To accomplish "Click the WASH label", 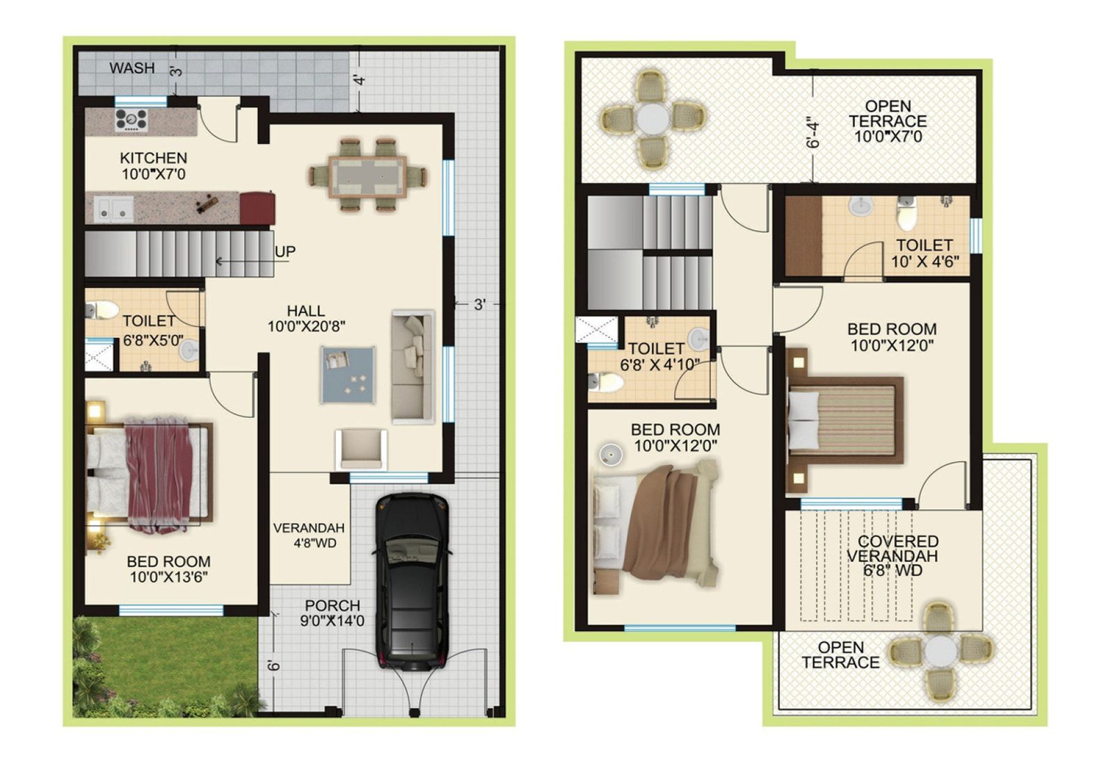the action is pos(132,68).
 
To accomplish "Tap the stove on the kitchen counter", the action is pos(131,120).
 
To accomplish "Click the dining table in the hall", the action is pos(367,176).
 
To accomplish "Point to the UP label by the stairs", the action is pos(285,252).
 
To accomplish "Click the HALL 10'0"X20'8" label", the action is pos(307,319).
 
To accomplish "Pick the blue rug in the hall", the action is pos(348,375).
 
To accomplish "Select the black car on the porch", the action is pos(413,581).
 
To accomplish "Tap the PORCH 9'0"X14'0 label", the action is pos(333,613).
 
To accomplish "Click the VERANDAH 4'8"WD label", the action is pos(309,535).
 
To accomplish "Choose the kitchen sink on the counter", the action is pos(114,209).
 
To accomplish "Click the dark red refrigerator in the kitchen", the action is pos(257,208).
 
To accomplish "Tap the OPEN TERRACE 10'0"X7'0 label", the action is pos(888,121).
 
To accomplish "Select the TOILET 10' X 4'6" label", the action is pos(924,253).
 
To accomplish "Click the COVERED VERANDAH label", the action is pos(892,549).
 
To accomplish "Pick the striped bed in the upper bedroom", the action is pos(844,420).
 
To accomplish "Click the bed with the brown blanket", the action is pos(656,527).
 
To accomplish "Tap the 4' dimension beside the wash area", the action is pos(361,79).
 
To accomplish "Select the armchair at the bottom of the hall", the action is pos(361,449).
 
